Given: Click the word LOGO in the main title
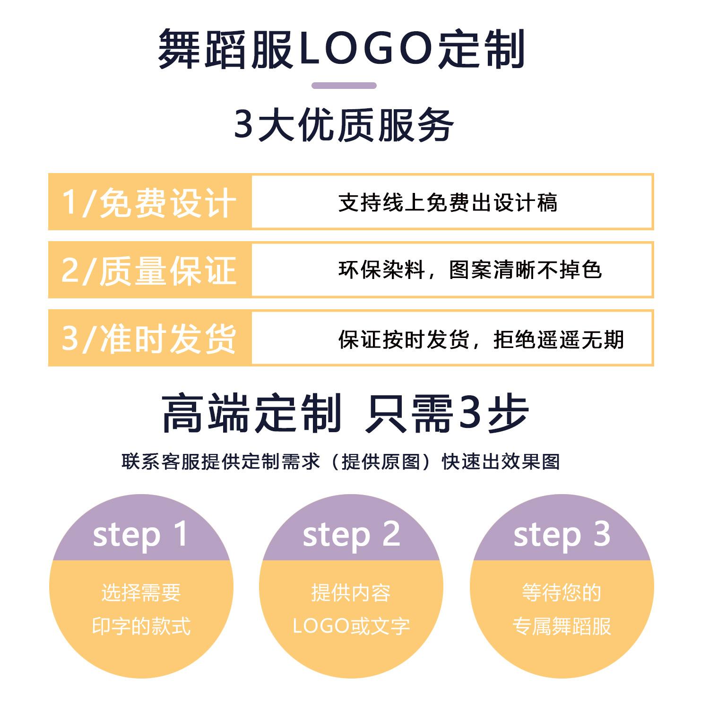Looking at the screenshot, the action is (367, 49).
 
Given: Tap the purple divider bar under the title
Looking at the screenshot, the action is (344, 86).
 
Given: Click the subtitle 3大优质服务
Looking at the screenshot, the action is (344, 125).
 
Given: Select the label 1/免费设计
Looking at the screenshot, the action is (149, 203).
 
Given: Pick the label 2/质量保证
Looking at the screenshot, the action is (149, 270).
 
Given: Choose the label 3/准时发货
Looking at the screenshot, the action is (149, 339).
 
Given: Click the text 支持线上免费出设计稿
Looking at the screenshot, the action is (448, 203).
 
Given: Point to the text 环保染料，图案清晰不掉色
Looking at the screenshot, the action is (470, 270).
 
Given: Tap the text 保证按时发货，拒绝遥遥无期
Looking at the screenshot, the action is (481, 339).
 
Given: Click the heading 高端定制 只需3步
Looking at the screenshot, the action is (345, 413).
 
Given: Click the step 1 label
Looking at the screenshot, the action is (140, 535).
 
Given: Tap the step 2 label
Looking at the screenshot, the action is (351, 535).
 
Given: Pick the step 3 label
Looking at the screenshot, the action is (562, 535).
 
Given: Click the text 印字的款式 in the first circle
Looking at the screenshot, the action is (141, 626).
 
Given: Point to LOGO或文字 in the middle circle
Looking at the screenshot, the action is (351, 626).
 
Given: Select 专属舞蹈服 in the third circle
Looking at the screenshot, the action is (562, 626).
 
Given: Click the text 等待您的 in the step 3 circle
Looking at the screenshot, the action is (562, 592).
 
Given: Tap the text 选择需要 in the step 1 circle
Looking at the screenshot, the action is (141, 592).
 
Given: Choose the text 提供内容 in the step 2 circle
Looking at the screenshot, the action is (351, 592).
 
